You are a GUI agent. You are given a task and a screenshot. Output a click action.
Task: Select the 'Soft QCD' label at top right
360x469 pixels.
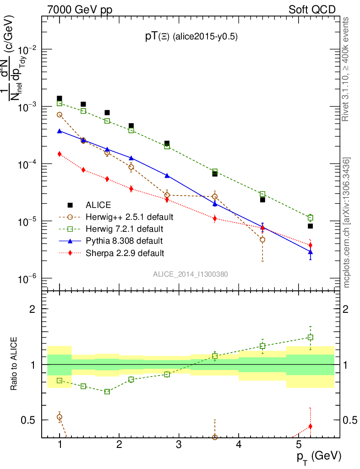coord(312,10)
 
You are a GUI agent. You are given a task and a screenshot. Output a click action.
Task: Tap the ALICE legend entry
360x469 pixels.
coord(98,205)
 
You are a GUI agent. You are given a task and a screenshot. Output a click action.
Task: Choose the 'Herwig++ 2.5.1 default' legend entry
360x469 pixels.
coord(130,217)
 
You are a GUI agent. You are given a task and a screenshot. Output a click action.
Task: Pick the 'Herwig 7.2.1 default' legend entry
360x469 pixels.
coord(125,229)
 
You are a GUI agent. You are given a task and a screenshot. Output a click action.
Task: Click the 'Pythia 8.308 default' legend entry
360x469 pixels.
coord(124,240)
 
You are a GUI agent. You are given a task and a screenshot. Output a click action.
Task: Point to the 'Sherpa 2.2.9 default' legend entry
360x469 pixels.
coord(125,252)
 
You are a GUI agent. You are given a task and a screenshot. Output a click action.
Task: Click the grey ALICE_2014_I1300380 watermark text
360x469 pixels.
coord(191,274)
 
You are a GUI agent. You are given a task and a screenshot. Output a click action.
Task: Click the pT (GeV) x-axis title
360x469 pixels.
coord(319,456)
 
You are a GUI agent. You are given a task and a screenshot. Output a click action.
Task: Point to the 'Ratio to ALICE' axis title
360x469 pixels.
coord(15,365)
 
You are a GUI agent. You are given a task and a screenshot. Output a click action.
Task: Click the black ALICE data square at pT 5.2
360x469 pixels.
coord(310,226)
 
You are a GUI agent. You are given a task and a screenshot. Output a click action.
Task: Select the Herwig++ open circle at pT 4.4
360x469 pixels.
coord(262,240)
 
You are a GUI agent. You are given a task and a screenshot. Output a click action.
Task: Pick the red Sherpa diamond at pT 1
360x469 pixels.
coord(60,154)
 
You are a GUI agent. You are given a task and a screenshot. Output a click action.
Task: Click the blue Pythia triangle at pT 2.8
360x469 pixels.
coord(167,175)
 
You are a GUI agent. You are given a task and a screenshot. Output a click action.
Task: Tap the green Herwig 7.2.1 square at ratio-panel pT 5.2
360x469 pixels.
coord(310,338)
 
